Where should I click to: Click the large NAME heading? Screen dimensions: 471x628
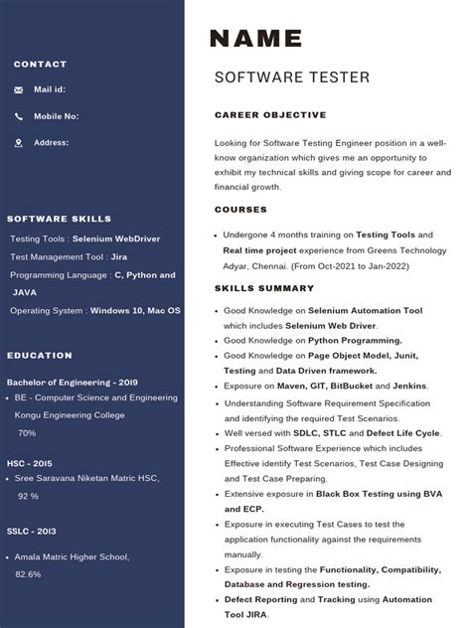coord(255,39)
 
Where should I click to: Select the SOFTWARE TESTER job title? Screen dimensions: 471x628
coord(291,78)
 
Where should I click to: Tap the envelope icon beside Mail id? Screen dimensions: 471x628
coord(19,89)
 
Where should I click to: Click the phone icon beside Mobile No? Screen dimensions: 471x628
coord(19,116)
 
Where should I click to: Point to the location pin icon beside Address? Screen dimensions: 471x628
coord(19,143)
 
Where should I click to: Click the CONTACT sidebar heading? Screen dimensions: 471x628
coord(41,65)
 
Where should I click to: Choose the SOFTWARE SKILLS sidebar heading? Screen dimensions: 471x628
coord(60,219)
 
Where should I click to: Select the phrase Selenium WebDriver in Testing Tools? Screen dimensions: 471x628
coord(115,238)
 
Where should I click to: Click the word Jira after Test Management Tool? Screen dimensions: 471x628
coord(119,256)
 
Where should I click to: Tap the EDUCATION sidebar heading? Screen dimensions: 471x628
coord(40,355)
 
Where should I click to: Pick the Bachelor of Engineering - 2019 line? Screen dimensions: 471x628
coord(73,382)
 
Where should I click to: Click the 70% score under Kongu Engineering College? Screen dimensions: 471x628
coord(26,433)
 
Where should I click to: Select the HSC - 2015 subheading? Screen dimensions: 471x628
coord(30,463)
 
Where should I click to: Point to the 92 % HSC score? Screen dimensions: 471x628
coord(28,496)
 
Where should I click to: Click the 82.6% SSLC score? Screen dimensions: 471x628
coord(28,574)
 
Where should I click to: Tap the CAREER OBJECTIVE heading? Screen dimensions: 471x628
coord(270,115)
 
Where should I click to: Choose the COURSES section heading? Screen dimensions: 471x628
coord(240,210)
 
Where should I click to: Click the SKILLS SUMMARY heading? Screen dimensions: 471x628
coord(264,288)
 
